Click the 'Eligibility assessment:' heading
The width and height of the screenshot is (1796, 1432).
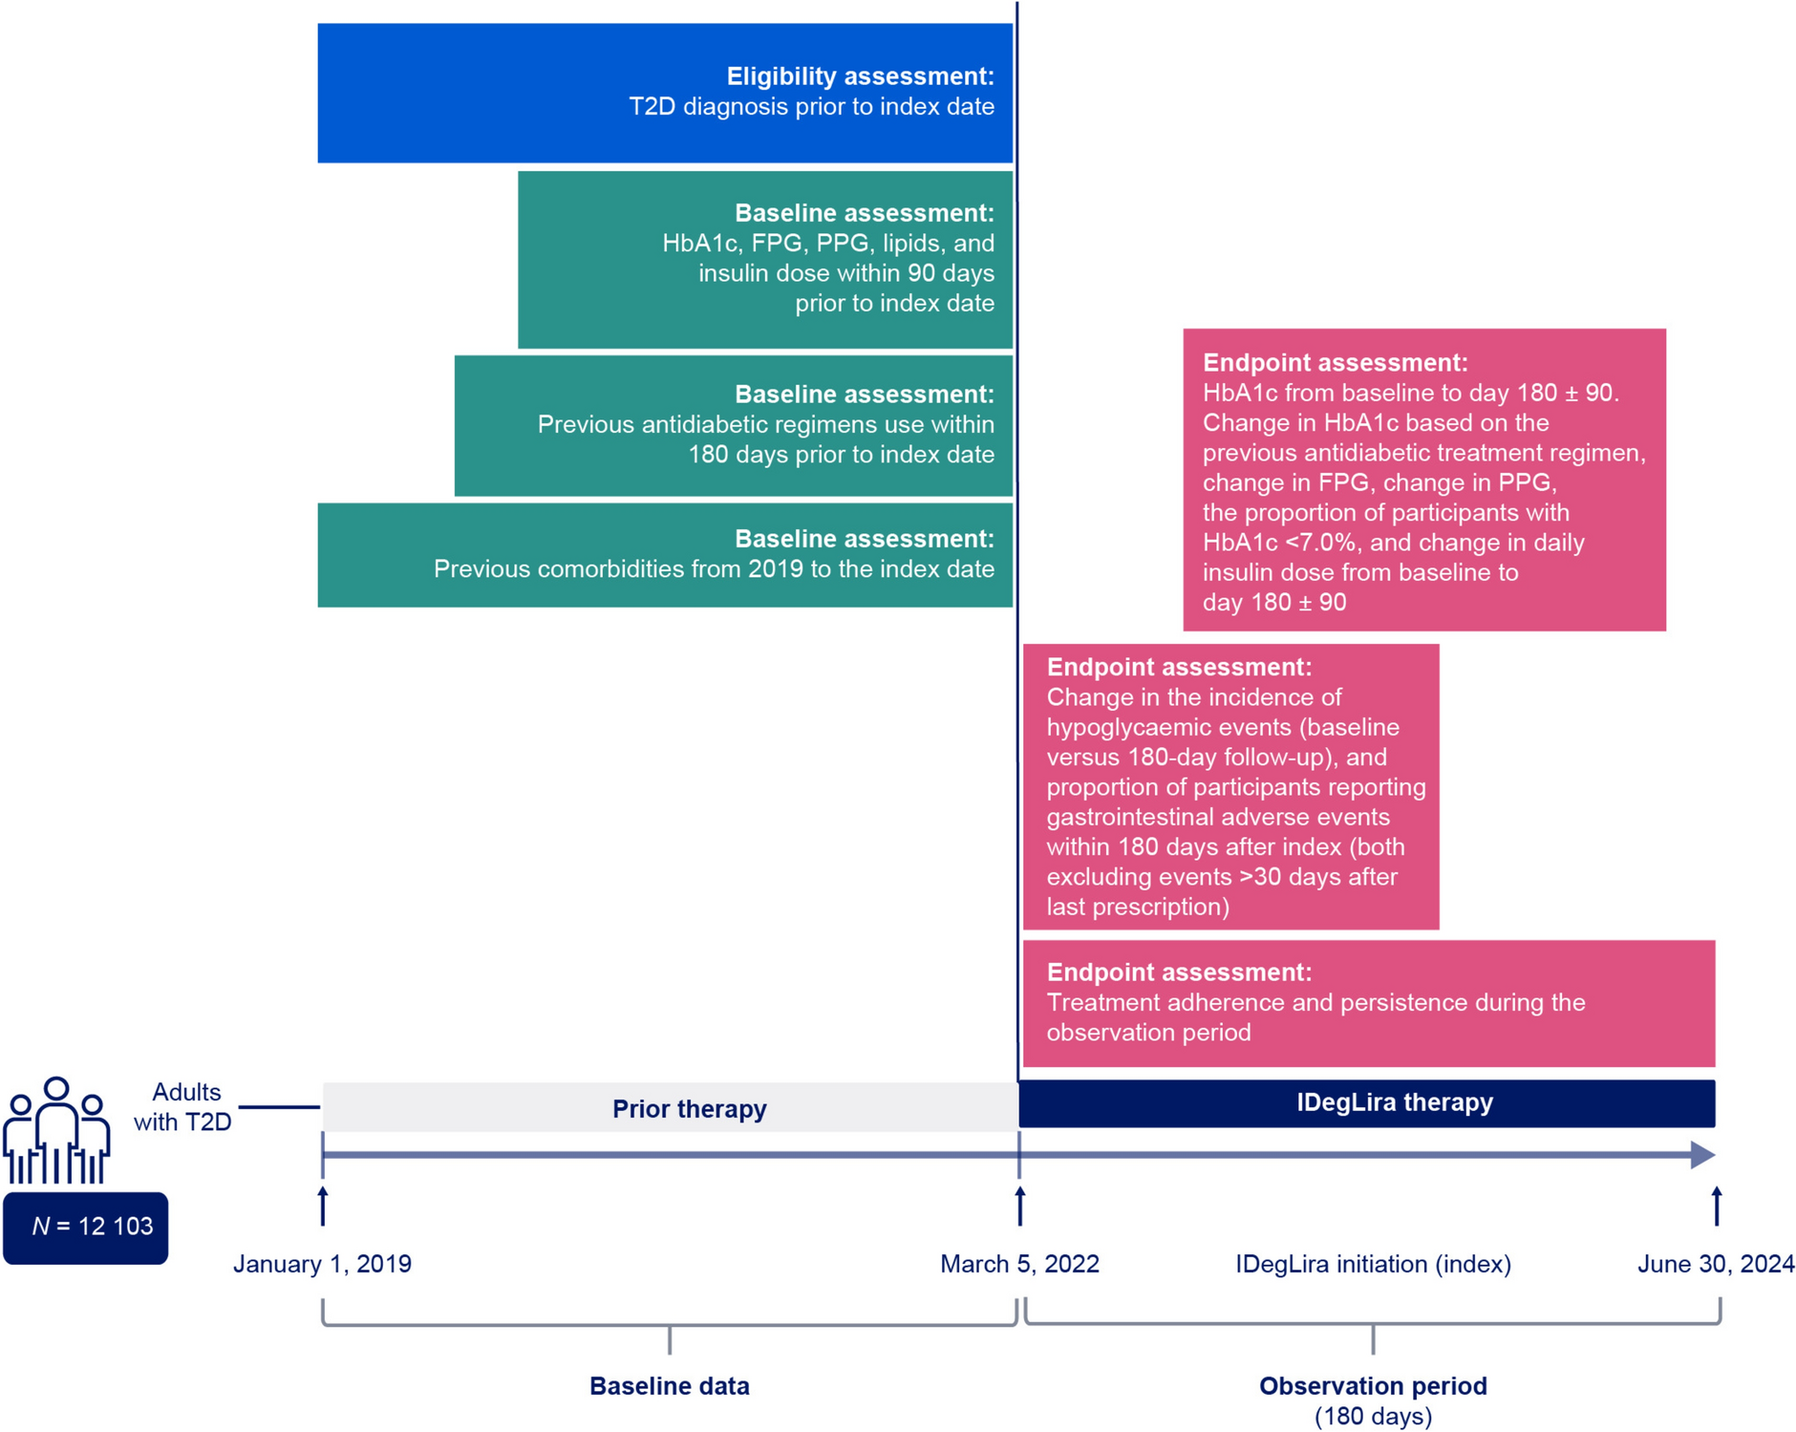(859, 76)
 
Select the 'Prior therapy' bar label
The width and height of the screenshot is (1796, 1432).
(689, 1109)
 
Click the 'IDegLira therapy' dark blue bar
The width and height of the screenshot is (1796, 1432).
(1394, 1102)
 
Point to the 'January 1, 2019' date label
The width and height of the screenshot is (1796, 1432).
(322, 1264)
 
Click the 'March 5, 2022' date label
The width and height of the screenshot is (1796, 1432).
(1019, 1264)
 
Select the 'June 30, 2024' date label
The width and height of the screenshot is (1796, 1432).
(1715, 1264)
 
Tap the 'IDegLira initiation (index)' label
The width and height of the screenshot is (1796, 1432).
(1373, 1264)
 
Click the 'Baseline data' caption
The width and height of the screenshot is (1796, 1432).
(669, 1386)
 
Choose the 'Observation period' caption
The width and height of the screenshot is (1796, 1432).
(1373, 1386)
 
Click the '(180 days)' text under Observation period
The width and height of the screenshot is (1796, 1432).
(1373, 1416)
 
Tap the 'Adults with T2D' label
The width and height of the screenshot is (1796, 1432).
(183, 1107)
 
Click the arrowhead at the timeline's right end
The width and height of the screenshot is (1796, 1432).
(1701, 1155)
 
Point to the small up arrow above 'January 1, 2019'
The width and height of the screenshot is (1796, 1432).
(323, 1205)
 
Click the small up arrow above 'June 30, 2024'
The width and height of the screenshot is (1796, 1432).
(1717, 1205)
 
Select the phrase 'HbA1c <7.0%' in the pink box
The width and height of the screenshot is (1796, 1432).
(1279, 543)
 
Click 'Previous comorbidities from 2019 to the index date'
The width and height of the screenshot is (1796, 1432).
(714, 569)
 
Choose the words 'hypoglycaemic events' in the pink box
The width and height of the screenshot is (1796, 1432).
(1168, 727)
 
